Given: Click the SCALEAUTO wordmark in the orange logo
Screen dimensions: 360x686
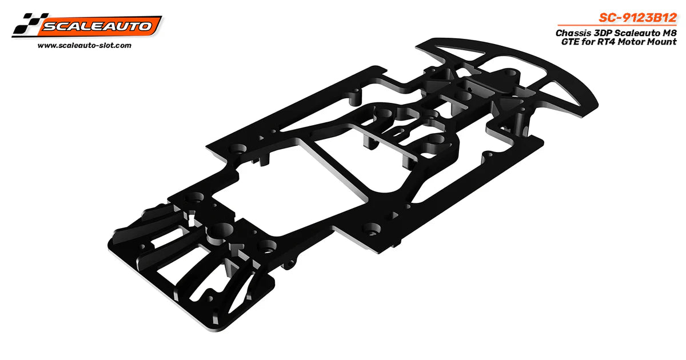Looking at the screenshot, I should point(98,26).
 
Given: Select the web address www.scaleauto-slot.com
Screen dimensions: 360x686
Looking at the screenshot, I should point(84,45).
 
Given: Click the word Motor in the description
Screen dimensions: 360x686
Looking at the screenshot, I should point(633,42).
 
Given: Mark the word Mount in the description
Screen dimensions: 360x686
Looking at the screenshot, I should point(662,42).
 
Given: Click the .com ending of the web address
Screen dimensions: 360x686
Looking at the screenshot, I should point(122,45).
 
